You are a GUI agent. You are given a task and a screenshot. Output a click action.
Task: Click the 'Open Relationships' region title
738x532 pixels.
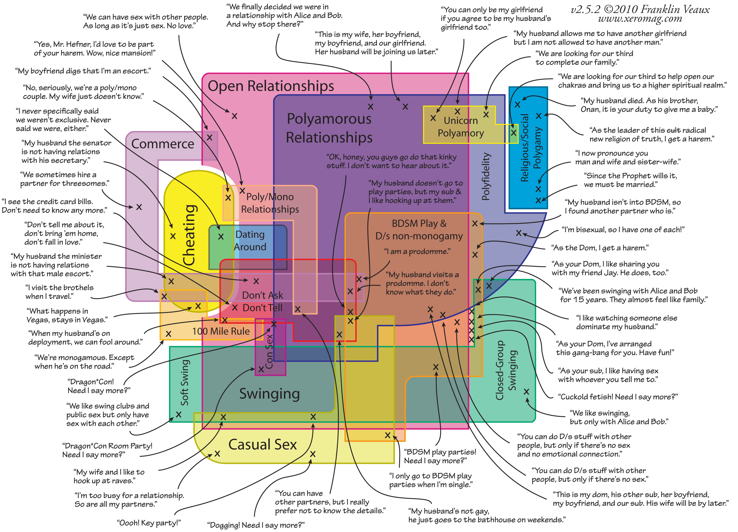pos(271,86)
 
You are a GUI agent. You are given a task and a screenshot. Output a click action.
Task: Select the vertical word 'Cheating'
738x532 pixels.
pos(189,235)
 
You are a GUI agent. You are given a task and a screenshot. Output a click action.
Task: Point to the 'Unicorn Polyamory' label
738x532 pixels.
pos(460,127)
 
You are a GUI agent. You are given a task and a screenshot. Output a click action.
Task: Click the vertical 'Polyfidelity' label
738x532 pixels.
pos(485,176)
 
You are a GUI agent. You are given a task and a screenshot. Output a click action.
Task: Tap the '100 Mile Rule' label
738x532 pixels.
pos(221,331)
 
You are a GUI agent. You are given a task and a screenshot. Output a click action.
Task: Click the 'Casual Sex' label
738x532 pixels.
pos(262,444)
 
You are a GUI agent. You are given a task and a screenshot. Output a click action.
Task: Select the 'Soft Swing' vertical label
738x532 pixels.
pos(184,382)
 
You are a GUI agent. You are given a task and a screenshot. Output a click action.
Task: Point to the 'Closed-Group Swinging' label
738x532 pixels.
pos(506,370)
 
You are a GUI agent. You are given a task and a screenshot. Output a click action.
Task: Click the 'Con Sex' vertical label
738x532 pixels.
pos(269,351)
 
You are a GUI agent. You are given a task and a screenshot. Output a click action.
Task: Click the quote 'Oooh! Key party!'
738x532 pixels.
pos(149,523)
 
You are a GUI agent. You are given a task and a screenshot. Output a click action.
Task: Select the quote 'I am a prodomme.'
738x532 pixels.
pos(417,252)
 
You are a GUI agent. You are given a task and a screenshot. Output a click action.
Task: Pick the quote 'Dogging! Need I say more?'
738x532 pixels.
pos(256,525)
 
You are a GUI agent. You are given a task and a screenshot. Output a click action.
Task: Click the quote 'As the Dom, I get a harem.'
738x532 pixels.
pos(600,248)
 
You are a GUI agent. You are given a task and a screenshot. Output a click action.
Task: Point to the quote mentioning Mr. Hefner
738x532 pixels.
pos(94,49)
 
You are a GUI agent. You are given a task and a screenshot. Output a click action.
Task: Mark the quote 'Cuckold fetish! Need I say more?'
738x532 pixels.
pos(618,397)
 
